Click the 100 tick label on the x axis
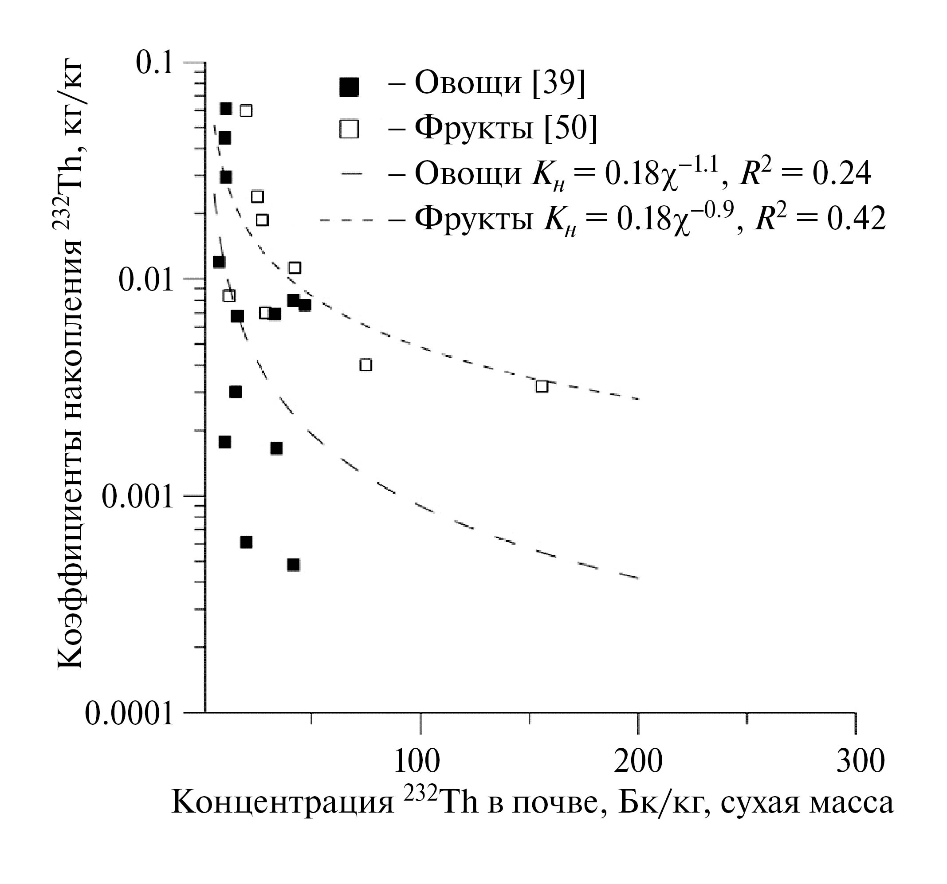[417, 761]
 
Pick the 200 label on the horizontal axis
[638, 761]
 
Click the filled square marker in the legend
[349, 87]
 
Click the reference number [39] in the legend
[559, 84]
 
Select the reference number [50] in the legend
[570, 128]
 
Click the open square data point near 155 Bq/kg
[542, 386]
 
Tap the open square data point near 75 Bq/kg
[365, 365]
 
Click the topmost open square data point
[246, 110]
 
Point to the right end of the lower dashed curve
[637, 578]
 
